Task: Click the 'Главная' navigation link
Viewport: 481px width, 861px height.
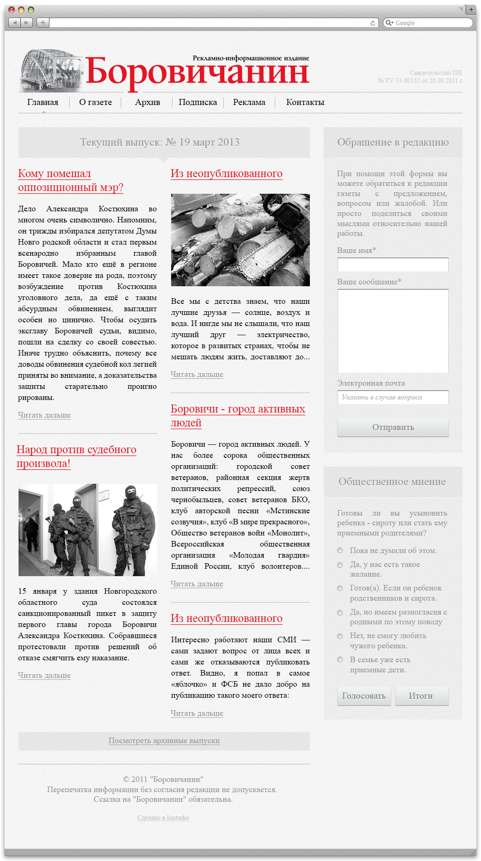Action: (43, 102)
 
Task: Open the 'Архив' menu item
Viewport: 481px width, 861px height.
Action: (148, 102)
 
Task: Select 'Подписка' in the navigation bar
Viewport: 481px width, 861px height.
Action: (197, 102)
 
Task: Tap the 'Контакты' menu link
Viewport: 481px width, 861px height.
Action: (305, 102)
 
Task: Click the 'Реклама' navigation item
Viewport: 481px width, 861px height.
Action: (249, 102)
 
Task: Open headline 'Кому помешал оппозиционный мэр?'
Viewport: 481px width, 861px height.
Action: (70, 180)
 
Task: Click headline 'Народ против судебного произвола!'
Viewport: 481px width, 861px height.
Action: (76, 456)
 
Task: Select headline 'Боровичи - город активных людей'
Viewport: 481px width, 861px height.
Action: (238, 415)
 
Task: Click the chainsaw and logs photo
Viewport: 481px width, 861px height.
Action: (240, 240)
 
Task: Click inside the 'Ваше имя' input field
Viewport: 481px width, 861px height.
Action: (393, 264)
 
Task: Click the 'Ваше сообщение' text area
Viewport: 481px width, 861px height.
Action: (393, 331)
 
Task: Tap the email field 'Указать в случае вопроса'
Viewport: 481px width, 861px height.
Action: (393, 397)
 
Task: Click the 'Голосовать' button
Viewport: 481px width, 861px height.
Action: (364, 696)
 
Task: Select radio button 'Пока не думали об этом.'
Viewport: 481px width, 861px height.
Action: (340, 550)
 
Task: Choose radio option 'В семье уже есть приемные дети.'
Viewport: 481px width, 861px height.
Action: (340, 659)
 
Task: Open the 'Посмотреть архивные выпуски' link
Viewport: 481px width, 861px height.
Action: (164, 740)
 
